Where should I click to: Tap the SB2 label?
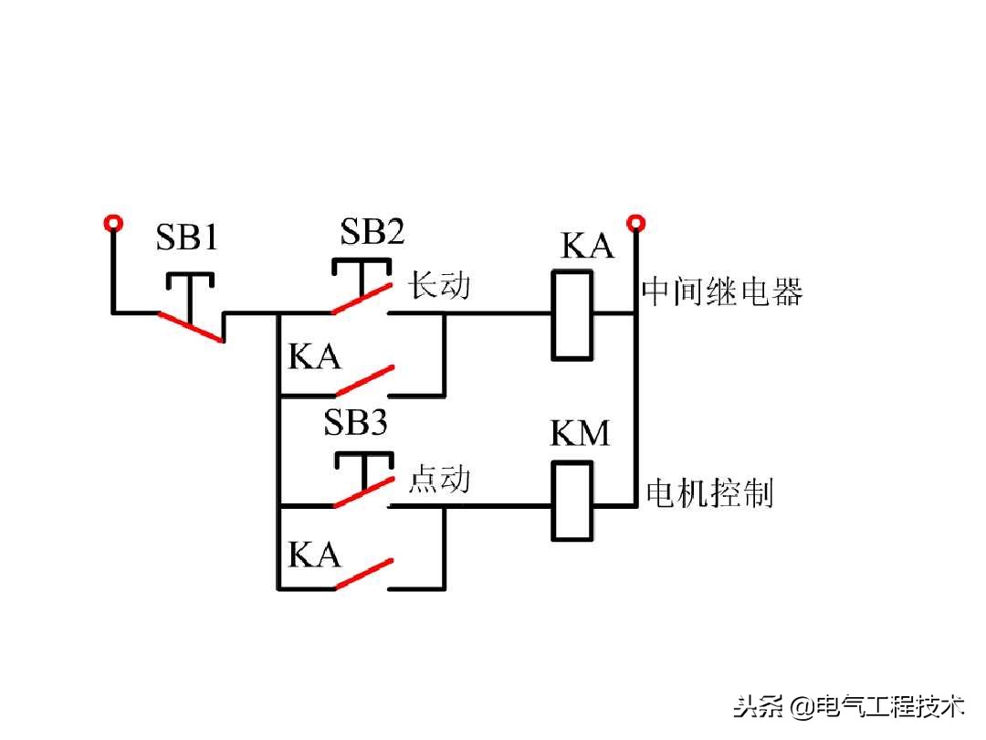click(372, 232)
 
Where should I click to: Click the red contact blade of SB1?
click(191, 327)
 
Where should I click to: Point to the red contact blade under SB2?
click(362, 298)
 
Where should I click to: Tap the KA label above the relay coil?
click(587, 247)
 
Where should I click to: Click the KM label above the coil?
click(580, 434)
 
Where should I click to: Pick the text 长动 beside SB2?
click(439, 285)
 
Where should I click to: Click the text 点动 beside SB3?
click(439, 479)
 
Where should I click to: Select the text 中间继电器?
click(722, 292)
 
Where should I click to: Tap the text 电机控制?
click(709, 493)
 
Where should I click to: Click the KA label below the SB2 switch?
click(314, 356)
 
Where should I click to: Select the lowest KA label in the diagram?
click(314, 555)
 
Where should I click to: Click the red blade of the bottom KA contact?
click(363, 573)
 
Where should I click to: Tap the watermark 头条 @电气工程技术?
click(849, 706)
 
